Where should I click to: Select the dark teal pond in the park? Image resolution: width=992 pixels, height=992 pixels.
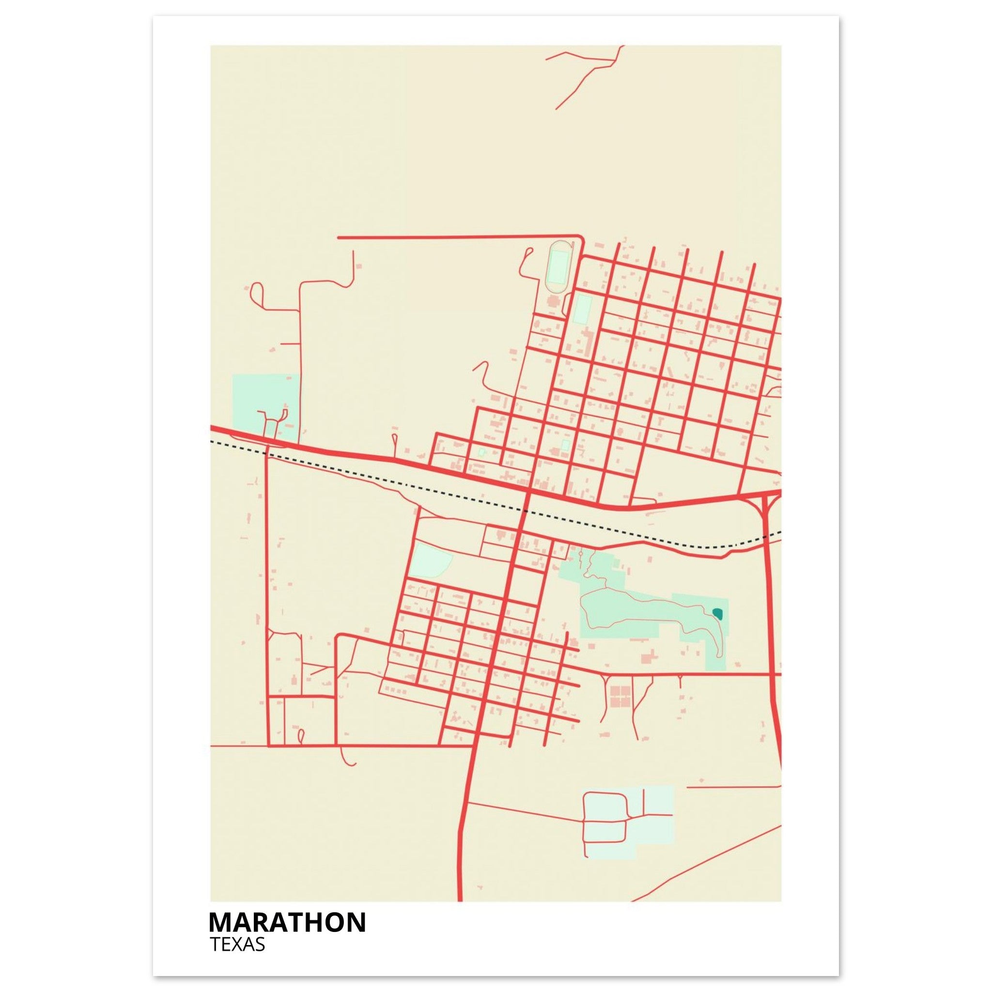click(717, 613)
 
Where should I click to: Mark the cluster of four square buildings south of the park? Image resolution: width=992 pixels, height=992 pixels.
click(620, 695)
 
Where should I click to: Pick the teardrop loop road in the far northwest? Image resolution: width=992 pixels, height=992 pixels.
click(257, 294)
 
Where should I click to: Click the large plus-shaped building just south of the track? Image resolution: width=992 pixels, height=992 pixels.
click(555, 301)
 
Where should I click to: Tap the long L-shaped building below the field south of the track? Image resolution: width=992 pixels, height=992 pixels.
click(586, 341)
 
